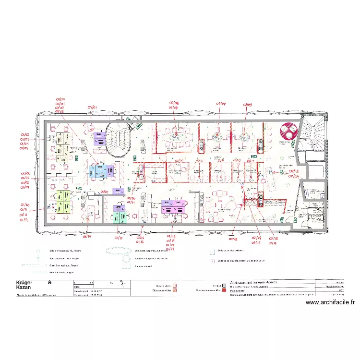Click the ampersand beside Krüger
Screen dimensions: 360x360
49,282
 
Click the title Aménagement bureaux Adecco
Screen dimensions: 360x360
254,282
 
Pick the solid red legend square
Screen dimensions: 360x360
223,290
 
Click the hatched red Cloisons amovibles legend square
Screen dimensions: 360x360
175,290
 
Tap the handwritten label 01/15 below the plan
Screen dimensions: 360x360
119,238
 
